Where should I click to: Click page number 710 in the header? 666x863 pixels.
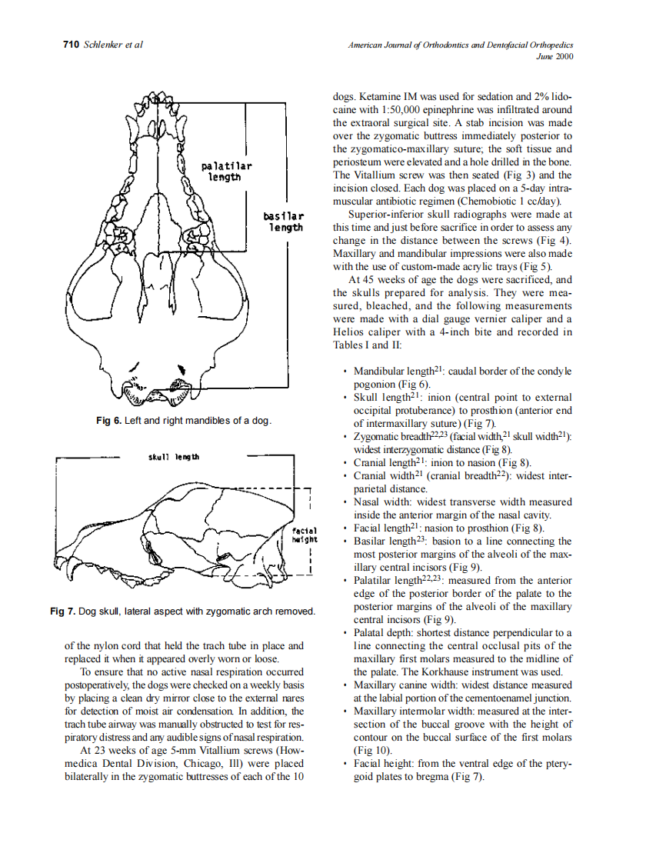70,45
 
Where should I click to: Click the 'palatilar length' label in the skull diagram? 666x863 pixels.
226,172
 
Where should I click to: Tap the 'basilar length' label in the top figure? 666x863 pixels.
285,222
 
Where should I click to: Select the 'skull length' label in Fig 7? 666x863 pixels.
173,458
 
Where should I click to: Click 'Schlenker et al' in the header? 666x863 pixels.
113,45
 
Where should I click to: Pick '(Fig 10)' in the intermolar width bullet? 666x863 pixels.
372,750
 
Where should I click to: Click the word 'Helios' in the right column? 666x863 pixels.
348,332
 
